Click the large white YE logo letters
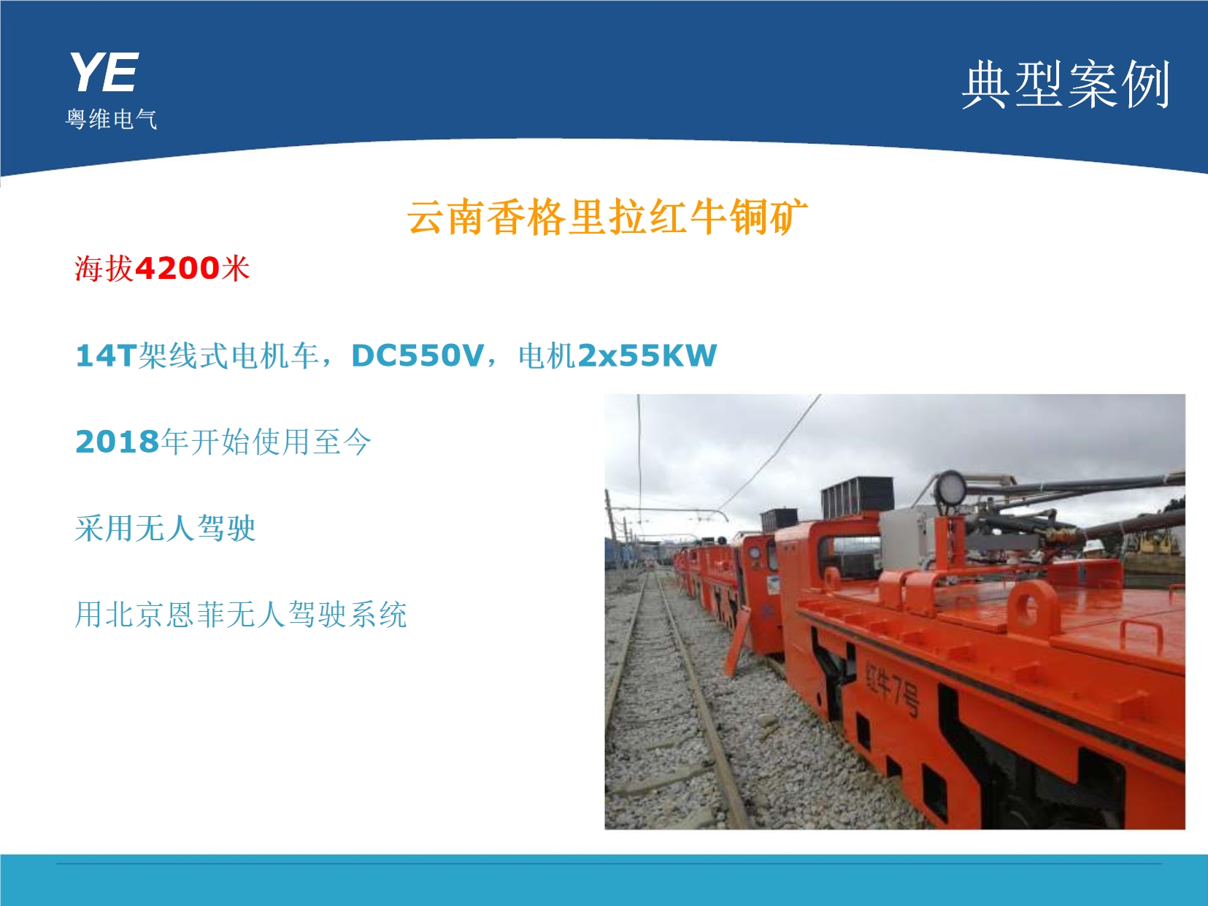[x=104, y=73]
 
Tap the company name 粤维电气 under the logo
[x=112, y=119]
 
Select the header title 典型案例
[x=1066, y=85]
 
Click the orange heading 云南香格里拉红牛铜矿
[x=607, y=217]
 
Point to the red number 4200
[x=177, y=269]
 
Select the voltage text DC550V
[x=418, y=356]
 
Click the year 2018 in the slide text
[x=118, y=442]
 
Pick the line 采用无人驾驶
[x=165, y=529]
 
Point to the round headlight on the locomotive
[x=950, y=488]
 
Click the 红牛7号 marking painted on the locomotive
[x=892, y=687]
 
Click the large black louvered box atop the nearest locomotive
[x=857, y=498]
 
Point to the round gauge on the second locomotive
[x=754, y=553]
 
